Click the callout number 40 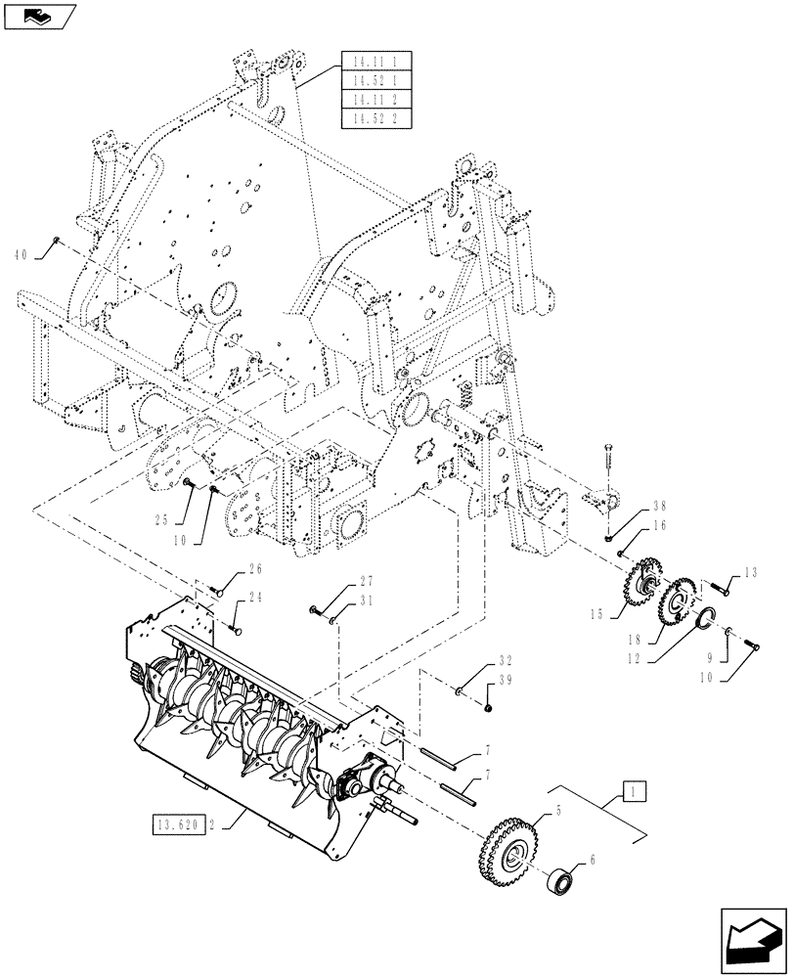pos(20,253)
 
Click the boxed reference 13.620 pos(179,824)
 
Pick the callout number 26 pos(256,568)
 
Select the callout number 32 pos(506,660)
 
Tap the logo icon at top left pos(38,14)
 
